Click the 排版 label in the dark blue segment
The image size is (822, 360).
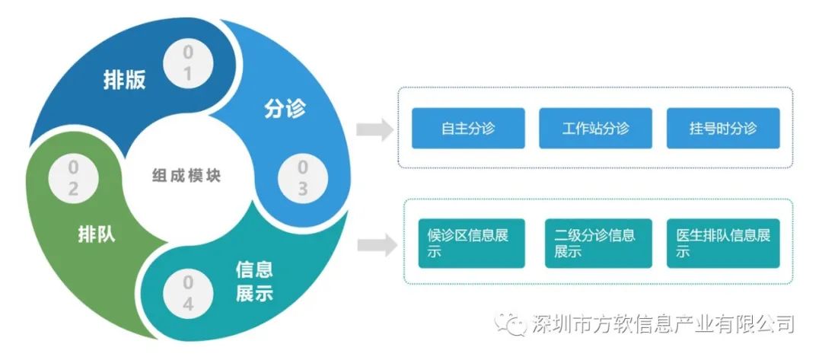pos(124,81)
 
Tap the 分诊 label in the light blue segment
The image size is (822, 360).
pos(285,109)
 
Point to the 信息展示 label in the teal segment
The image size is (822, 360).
pos(254,281)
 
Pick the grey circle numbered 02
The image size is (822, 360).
pos(73,179)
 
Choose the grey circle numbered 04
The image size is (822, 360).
pos(187,294)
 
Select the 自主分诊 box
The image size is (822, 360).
pos(468,128)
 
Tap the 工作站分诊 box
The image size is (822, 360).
pos(596,128)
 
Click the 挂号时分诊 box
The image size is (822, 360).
pos(723,128)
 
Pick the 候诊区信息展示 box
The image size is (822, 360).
pos(471,243)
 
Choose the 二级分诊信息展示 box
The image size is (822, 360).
pos(598,243)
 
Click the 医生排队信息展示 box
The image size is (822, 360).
pos(723,243)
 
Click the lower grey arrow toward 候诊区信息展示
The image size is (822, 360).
pos(376,245)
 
